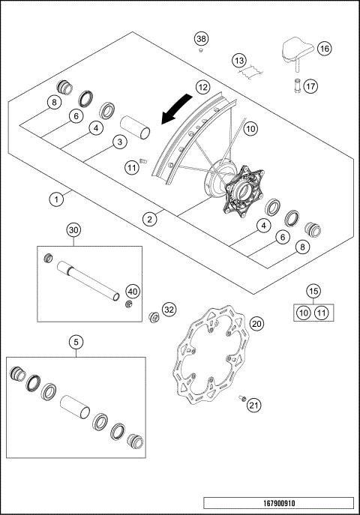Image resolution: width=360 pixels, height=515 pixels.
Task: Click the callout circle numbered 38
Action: pos(200,38)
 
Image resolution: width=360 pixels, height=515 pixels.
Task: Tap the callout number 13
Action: pos(239,59)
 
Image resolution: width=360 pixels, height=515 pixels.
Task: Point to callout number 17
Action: pos(311,85)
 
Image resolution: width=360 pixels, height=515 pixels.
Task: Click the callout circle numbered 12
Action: pos(202,88)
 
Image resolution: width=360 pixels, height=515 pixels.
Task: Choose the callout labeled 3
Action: pos(118,142)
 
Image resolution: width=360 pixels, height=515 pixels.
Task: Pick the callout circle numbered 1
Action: pos(55,199)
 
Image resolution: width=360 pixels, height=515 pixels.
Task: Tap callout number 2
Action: pos(150,219)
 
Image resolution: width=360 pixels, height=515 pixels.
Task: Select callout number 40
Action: pos(132,291)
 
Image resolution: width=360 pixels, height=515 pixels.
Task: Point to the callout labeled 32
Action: pos(169,309)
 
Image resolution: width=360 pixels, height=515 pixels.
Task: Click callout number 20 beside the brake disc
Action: pos(256,323)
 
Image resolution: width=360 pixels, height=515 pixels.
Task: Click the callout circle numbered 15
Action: pos(313,289)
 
